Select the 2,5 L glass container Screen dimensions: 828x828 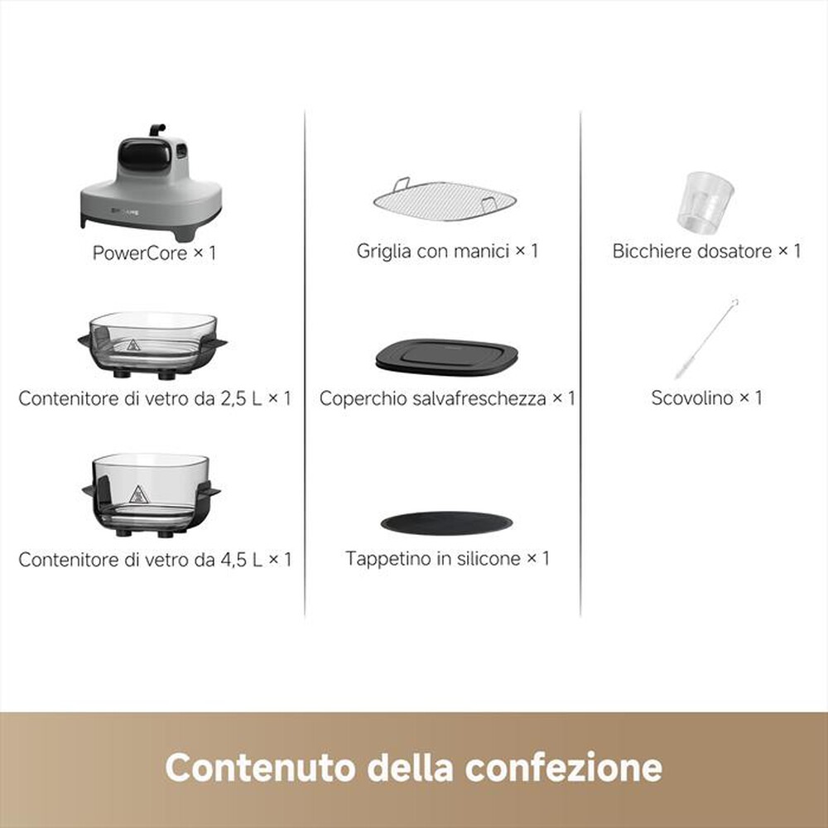(x=152, y=342)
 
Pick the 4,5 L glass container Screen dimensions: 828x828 (x=152, y=490)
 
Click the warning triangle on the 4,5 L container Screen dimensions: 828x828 (x=137, y=495)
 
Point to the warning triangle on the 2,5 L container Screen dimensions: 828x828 (x=133, y=346)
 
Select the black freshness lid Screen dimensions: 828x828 (x=446, y=354)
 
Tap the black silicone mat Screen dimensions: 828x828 (x=446, y=522)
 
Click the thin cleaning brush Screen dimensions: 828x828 (x=706, y=339)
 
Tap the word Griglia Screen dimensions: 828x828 (x=384, y=251)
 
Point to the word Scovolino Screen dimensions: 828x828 (x=692, y=397)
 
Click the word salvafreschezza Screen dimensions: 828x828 (x=469, y=398)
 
